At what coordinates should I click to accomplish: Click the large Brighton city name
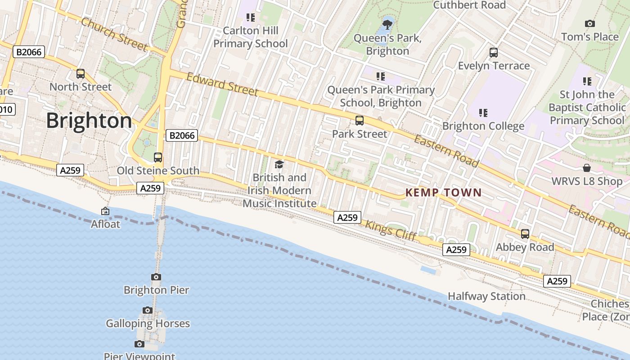click(x=89, y=121)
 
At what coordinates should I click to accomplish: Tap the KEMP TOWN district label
click(x=443, y=193)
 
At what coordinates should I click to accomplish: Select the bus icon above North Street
click(x=81, y=74)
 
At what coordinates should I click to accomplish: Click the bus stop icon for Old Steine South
click(x=158, y=157)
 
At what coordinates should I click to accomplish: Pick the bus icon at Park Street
click(x=359, y=121)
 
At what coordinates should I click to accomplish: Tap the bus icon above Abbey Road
click(x=525, y=234)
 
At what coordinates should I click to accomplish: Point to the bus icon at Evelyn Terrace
click(x=494, y=53)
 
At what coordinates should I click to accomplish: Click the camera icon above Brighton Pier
click(x=156, y=277)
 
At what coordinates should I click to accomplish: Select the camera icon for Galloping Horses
click(x=148, y=310)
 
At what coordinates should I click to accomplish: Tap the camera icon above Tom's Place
click(x=589, y=23)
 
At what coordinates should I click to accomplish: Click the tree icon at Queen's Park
click(x=387, y=24)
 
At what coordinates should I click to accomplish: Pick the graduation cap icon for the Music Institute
click(x=279, y=164)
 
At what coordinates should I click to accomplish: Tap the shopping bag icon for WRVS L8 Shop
click(x=587, y=168)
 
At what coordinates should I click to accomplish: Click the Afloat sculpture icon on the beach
click(x=105, y=211)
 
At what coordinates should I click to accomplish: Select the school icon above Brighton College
click(x=483, y=112)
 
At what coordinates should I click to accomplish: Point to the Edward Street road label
click(x=222, y=84)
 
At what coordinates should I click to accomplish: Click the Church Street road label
click(x=114, y=34)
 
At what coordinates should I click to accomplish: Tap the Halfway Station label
click(x=486, y=296)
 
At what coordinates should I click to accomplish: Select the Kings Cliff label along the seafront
click(x=391, y=230)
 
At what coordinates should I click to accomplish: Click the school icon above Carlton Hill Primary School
click(x=251, y=18)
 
